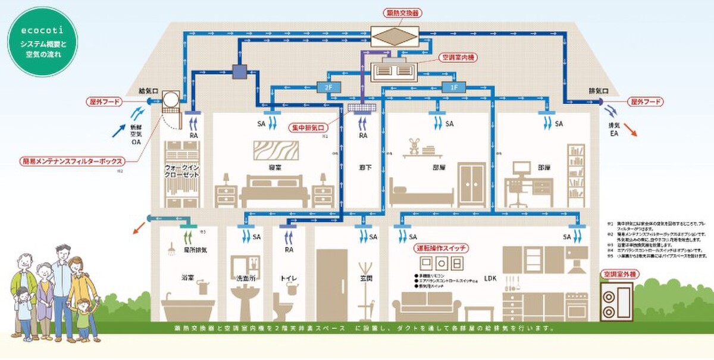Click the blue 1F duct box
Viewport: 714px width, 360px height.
(x=455, y=87)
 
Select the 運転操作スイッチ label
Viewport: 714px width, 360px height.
(x=440, y=247)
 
